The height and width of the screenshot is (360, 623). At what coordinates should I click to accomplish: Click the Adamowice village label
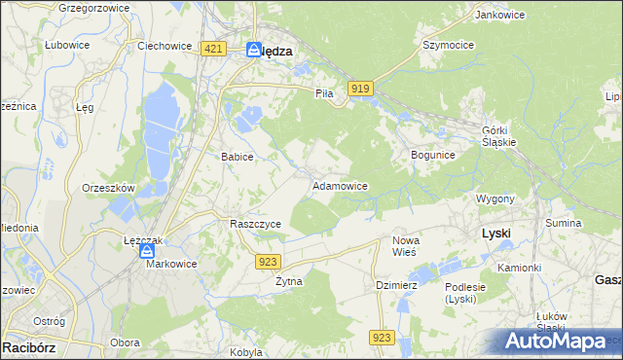coord(339,185)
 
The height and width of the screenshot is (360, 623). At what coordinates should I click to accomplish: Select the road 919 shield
coord(360,89)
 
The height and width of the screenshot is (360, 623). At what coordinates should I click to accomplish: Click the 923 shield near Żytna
coord(270,261)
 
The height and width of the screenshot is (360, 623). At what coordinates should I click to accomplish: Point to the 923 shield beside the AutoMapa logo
coord(382,337)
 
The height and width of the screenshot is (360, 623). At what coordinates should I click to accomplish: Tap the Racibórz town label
coord(27,346)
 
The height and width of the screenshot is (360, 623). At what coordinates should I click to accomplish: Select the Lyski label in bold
coord(496,234)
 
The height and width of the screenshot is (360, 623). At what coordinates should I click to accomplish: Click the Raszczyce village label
coord(255,224)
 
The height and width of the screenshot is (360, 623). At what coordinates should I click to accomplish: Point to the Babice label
coord(238,156)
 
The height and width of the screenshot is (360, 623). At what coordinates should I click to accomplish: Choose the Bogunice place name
coord(433,155)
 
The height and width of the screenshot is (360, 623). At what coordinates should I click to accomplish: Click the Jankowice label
coord(494,15)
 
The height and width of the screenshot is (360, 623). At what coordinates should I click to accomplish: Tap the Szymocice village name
coord(447,45)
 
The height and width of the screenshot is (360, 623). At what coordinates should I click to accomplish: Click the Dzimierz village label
coord(396,285)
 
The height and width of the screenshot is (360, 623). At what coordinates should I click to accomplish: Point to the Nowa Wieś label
coord(405,246)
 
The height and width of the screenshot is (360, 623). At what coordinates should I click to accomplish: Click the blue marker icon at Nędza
coord(253,49)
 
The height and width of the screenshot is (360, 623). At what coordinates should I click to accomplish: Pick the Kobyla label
coord(246,352)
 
